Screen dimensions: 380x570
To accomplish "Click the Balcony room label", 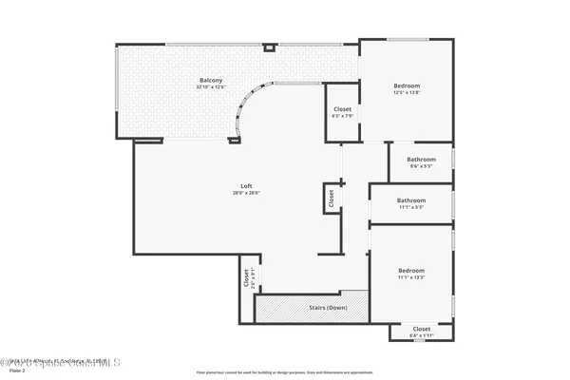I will (x=211, y=80).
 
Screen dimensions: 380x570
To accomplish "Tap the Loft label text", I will (x=245, y=185).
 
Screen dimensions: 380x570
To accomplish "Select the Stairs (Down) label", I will (x=328, y=308).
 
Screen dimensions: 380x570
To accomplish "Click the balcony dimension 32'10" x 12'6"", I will (x=211, y=87).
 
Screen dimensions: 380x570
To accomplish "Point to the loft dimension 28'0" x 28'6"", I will (x=245, y=193).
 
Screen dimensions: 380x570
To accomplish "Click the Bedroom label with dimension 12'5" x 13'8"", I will (x=407, y=85).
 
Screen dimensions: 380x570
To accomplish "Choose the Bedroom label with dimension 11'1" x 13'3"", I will (x=411, y=271).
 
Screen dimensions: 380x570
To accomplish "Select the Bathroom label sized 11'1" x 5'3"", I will (x=411, y=200).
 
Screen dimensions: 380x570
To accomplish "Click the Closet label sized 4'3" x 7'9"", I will (x=342, y=109).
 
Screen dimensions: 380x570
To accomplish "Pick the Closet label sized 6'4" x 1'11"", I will (x=421, y=329).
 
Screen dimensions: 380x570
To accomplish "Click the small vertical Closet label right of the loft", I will (x=331, y=199).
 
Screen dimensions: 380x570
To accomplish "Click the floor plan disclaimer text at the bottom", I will (x=285, y=372).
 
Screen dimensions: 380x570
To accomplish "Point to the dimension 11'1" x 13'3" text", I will (x=411, y=278).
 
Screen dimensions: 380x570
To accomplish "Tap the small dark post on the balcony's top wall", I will (x=270, y=46).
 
